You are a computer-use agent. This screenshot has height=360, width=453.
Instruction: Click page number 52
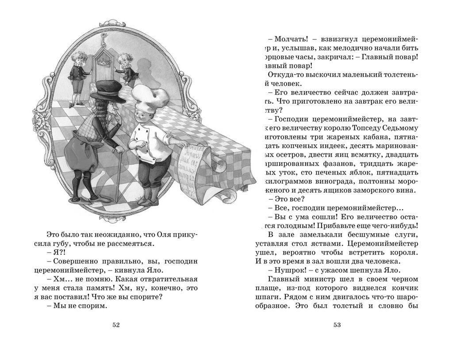pos(116,325)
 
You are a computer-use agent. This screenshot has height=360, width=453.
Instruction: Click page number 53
pos(337,325)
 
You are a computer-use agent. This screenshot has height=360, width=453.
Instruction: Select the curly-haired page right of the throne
pos(127,68)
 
